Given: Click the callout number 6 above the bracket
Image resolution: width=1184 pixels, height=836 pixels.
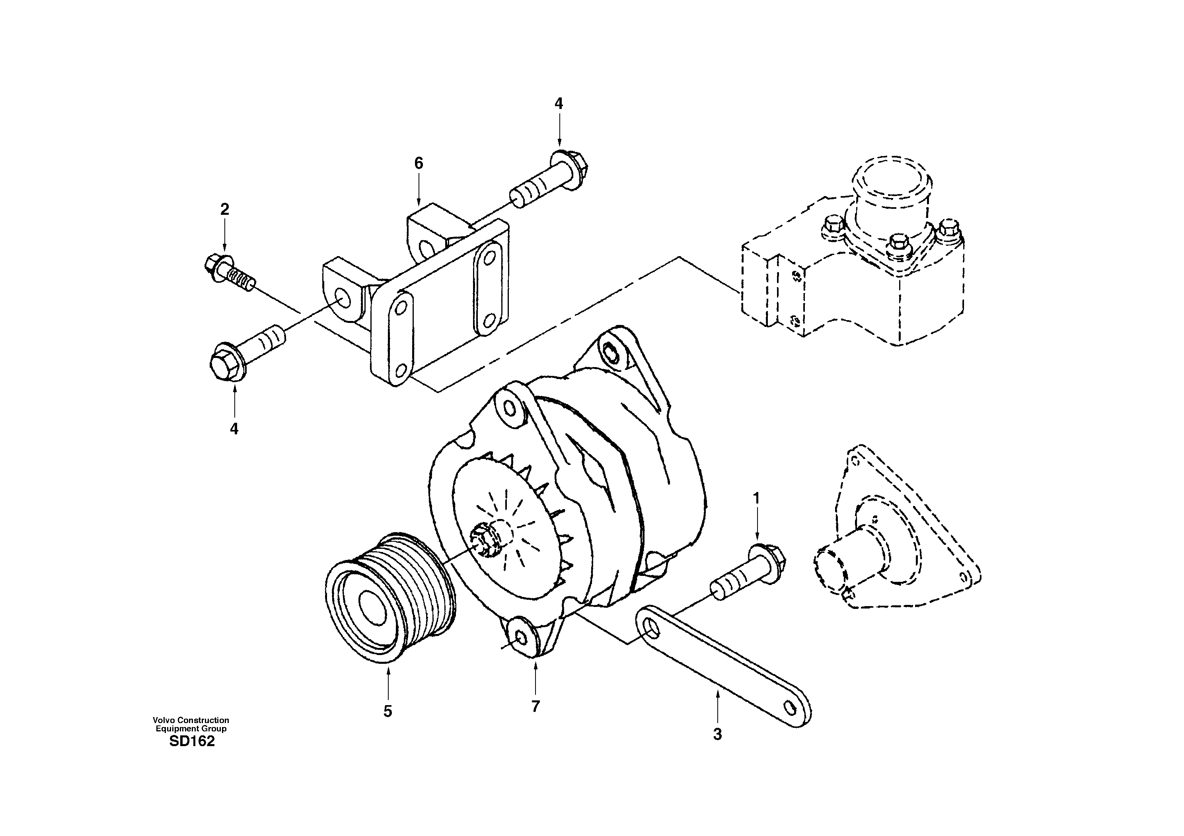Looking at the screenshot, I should [418, 163].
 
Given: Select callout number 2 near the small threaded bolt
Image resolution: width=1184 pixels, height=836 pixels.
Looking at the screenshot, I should [224, 209].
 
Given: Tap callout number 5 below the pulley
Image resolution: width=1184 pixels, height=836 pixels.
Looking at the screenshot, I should [388, 711].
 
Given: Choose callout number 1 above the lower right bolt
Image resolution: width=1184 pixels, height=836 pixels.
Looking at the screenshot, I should [756, 498].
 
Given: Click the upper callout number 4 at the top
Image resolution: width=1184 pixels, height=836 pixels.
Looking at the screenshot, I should [559, 103].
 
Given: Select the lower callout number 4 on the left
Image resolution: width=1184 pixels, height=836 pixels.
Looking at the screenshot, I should [234, 428].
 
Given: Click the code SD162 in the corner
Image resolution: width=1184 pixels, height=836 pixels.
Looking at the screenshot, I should [191, 742].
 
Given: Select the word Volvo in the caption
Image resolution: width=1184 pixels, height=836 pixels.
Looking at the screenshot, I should [164, 720].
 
